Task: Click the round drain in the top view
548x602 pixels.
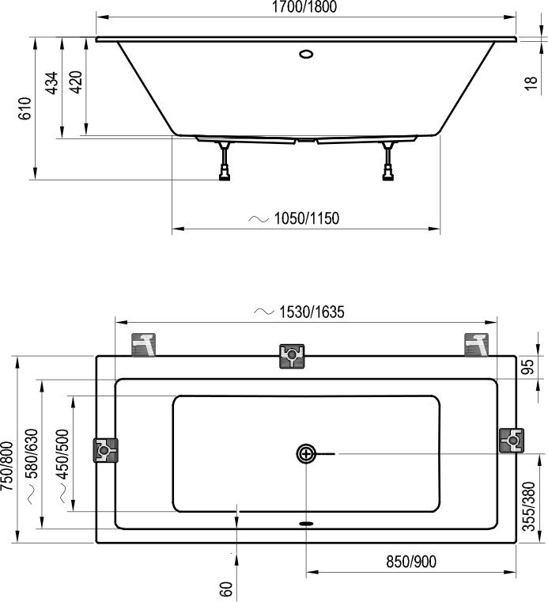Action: tap(306, 453)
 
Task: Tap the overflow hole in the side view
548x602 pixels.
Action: tap(306, 55)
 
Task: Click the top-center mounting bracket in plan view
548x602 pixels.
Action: tap(292, 357)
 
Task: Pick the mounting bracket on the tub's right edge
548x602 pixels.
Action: tap(512, 440)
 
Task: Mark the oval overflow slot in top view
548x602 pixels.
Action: tap(306, 522)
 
